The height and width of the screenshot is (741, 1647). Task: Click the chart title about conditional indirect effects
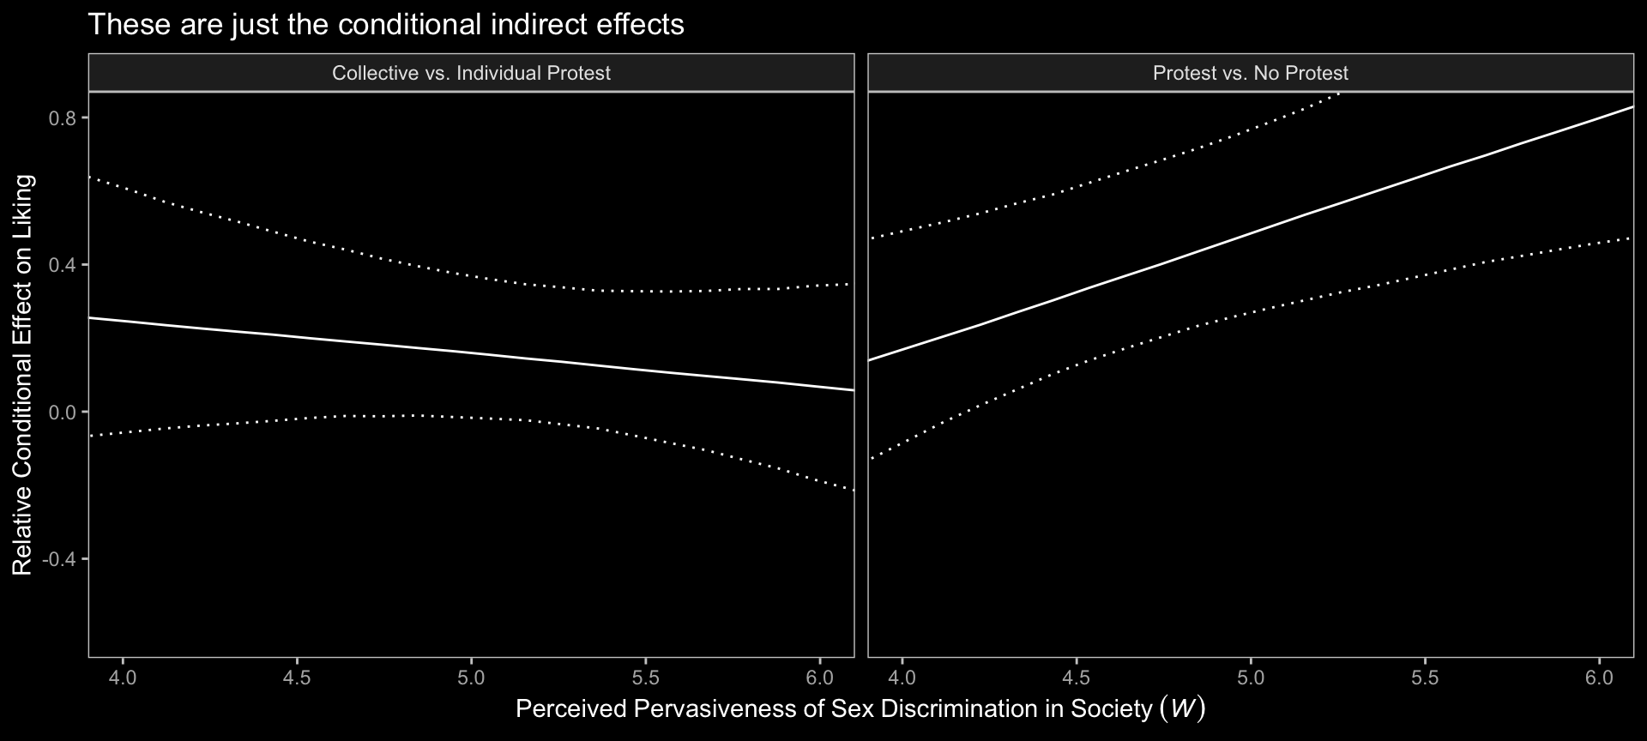point(386,25)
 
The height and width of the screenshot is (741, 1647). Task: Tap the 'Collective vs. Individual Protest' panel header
point(471,73)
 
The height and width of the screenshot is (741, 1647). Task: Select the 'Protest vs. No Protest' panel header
point(1250,73)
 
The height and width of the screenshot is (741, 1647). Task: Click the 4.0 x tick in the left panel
point(123,677)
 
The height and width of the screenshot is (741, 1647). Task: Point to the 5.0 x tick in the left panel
point(471,677)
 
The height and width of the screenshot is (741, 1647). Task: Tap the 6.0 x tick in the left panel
point(820,677)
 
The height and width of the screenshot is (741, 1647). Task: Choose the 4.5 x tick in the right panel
point(1076,677)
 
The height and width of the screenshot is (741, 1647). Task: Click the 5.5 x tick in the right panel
point(1425,677)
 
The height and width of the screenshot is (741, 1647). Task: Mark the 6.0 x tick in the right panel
point(1599,677)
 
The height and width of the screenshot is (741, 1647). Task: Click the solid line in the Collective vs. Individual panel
point(471,353)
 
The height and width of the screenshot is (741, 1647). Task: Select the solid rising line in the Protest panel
point(1251,232)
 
